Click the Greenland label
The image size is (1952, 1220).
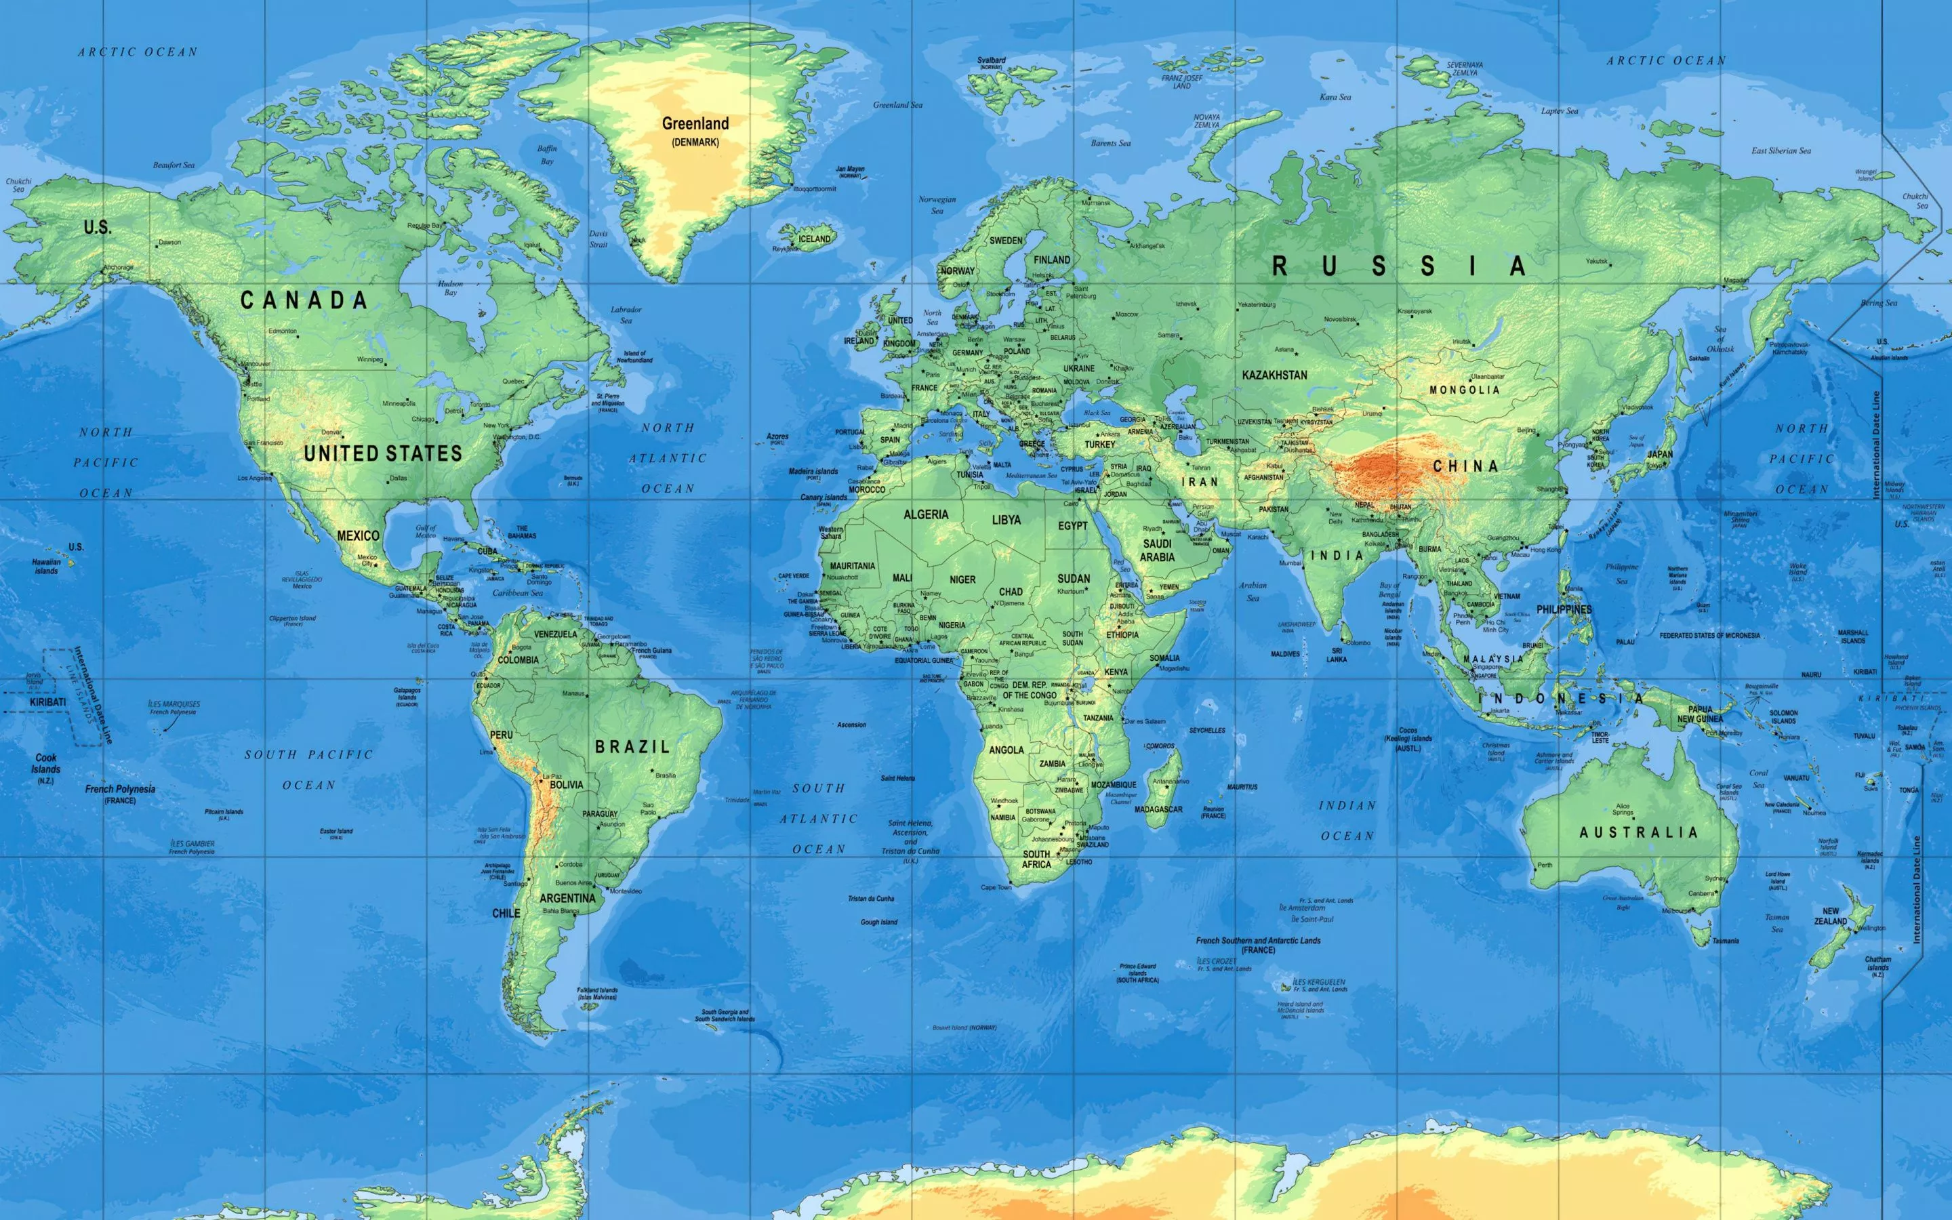coord(695,124)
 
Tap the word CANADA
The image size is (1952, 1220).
coord(304,300)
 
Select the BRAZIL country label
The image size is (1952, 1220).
coord(632,747)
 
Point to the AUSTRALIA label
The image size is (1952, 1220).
coord(1638,832)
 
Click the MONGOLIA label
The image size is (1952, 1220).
coord(1465,390)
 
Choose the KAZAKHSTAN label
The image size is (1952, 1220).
coord(1274,375)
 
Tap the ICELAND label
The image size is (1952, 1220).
coord(814,239)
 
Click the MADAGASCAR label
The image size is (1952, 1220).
coord(1158,809)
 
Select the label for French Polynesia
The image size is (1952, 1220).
coord(120,789)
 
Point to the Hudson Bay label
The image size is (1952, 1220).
coord(450,288)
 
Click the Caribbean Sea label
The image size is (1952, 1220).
coord(518,593)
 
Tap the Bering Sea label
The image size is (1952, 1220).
coord(1879,304)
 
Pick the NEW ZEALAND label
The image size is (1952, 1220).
coord(1830,916)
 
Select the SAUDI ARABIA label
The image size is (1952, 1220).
coord(1157,550)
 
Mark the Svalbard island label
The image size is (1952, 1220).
coord(992,60)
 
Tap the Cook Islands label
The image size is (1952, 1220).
coord(46,763)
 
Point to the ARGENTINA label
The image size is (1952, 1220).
coord(567,898)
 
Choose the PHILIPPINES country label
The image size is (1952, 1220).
coord(1563,610)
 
